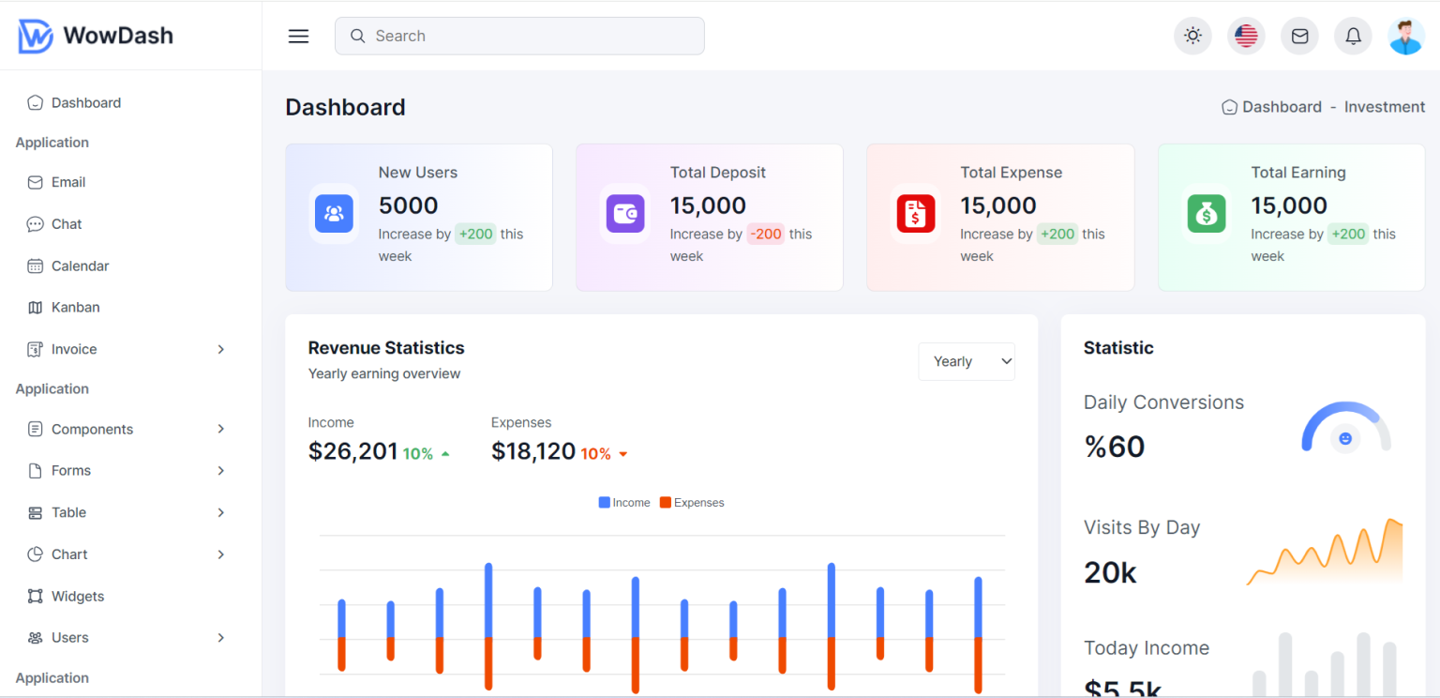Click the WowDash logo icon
[x=36, y=37]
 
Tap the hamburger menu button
[x=298, y=37]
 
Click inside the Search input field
[x=519, y=36]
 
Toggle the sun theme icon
[x=1192, y=36]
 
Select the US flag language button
[x=1246, y=36]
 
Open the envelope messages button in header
[x=1299, y=36]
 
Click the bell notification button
[x=1353, y=36]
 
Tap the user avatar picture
[x=1405, y=36]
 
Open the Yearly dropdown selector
[x=966, y=361]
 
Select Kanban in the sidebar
[x=75, y=307]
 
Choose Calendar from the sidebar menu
[x=80, y=266]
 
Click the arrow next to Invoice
[x=221, y=349]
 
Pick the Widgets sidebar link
[x=77, y=596]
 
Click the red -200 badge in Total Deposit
[x=766, y=234]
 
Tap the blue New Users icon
[x=334, y=213]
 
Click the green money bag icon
[x=1206, y=213]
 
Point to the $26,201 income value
[x=352, y=451]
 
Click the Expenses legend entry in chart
[x=692, y=503]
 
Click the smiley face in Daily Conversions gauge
[x=1345, y=438]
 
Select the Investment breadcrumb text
[x=1384, y=107]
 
